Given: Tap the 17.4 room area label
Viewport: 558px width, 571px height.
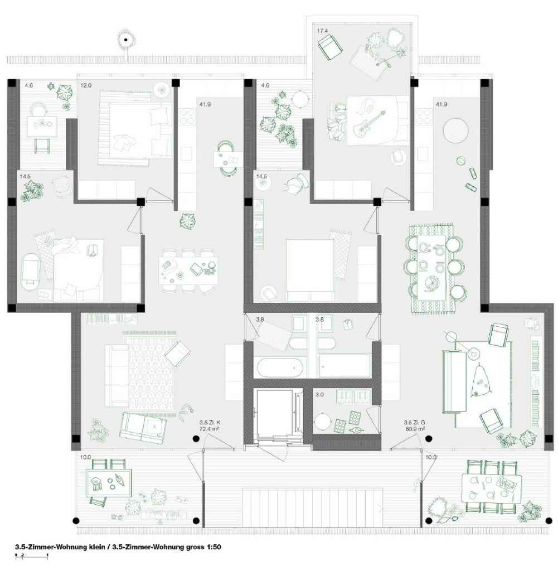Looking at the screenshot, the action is [x=322, y=31].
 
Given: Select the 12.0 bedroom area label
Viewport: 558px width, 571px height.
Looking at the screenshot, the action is [x=86, y=85].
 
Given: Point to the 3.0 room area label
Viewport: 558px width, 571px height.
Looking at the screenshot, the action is [x=319, y=394].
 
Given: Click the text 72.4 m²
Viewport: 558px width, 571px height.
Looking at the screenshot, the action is [x=209, y=429].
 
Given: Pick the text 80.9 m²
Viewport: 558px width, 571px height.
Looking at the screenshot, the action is [x=415, y=429].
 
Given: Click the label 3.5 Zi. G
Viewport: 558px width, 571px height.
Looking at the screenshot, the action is [x=414, y=423].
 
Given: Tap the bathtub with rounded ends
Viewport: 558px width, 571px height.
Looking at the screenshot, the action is [x=279, y=368].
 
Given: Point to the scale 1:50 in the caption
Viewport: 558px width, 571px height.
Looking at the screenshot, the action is [x=214, y=546].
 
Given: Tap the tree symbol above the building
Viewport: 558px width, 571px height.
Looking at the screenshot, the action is [x=126, y=40].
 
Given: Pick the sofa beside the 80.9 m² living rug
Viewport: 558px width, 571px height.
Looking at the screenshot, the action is [x=454, y=381].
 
